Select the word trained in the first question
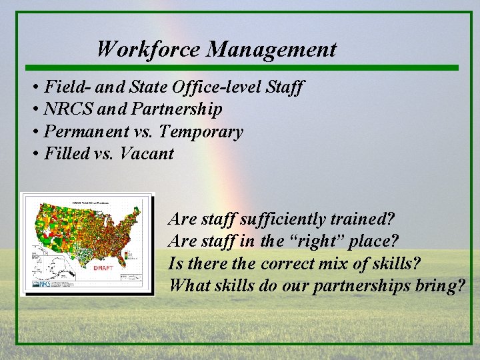click(x=359, y=219)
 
